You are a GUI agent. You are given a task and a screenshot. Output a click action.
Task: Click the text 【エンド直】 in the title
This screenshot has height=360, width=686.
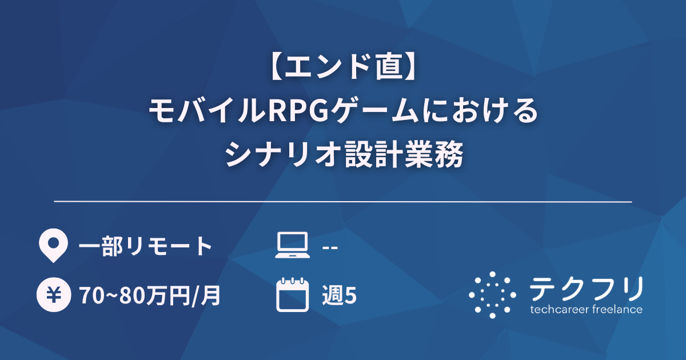click(x=343, y=70)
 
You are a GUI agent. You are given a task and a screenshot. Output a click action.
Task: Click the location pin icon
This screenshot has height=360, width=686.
click(x=51, y=246)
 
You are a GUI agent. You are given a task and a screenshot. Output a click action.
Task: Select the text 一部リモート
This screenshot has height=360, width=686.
click(x=145, y=246)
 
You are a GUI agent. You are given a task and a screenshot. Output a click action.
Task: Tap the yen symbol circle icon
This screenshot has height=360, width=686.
click(x=51, y=295)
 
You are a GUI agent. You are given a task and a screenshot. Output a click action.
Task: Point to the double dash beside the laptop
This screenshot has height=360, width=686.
click(x=330, y=247)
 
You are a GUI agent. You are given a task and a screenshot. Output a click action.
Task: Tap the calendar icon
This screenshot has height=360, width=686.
click(x=292, y=295)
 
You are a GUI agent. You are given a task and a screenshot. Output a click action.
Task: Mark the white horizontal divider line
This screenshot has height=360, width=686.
click(x=343, y=202)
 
